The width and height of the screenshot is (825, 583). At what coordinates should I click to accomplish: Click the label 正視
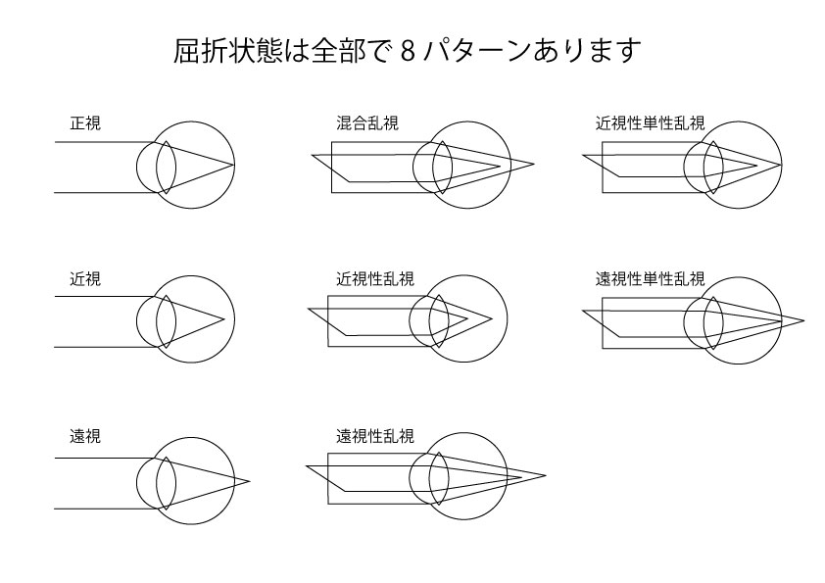click(85, 123)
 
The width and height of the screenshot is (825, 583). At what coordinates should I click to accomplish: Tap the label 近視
click(85, 278)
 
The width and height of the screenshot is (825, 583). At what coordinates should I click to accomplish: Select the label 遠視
click(85, 436)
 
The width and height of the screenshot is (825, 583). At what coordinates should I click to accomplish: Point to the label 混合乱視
click(367, 123)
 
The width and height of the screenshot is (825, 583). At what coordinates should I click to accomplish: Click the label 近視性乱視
click(375, 278)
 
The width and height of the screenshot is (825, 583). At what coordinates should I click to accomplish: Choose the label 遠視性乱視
click(375, 436)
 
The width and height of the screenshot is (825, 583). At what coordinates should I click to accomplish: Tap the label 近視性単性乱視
click(651, 123)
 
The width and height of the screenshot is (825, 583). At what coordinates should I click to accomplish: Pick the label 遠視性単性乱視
click(651, 278)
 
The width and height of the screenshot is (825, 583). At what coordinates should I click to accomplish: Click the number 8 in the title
click(408, 52)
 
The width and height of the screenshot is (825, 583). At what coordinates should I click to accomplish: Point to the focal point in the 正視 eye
click(233, 166)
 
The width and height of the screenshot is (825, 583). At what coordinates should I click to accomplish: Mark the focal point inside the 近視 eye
click(224, 318)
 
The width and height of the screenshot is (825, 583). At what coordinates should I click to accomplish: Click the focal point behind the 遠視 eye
click(250, 481)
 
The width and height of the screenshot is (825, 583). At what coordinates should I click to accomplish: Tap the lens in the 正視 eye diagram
click(166, 168)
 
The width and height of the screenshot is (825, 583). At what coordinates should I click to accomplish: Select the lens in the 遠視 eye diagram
click(166, 483)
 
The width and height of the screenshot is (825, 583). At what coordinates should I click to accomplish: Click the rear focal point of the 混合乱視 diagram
click(534, 164)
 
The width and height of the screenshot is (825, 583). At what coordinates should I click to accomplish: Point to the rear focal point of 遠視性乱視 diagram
click(546, 475)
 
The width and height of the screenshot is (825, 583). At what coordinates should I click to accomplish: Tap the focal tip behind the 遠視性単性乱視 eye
click(804, 319)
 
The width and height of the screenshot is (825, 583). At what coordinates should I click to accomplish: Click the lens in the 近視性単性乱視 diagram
click(713, 168)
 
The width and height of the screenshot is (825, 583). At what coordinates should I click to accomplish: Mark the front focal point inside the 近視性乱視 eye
click(467, 317)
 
